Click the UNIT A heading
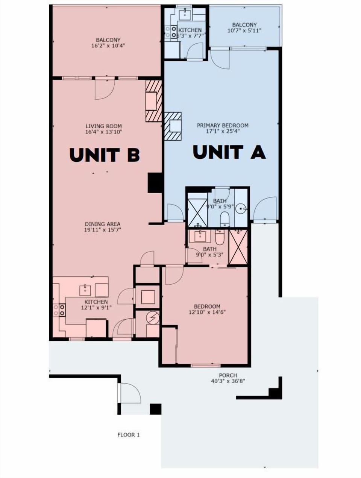(x=229, y=152)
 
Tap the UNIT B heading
(x=105, y=155)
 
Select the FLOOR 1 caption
(x=129, y=435)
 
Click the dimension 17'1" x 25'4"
(x=223, y=131)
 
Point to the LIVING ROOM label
(x=103, y=126)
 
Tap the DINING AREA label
(x=103, y=224)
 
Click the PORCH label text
(x=228, y=375)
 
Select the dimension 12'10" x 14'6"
(x=207, y=312)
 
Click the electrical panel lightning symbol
(x=153, y=318)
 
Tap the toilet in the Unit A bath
(x=224, y=218)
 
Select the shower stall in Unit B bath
(x=238, y=247)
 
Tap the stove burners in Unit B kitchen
(x=61, y=310)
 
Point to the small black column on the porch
(x=155, y=409)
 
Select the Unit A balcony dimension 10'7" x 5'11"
(x=244, y=30)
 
